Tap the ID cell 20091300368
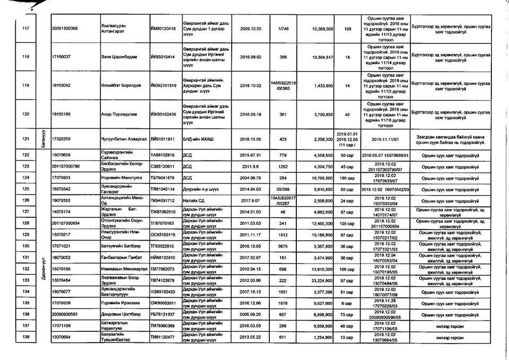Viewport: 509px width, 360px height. (x=68, y=28)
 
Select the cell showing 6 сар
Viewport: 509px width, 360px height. (x=347, y=303)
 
